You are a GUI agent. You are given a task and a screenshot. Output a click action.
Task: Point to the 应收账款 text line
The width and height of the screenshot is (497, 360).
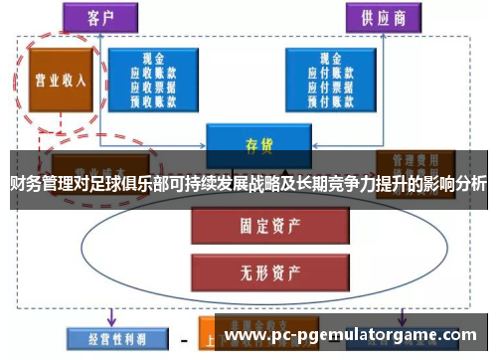coord(153,73)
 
